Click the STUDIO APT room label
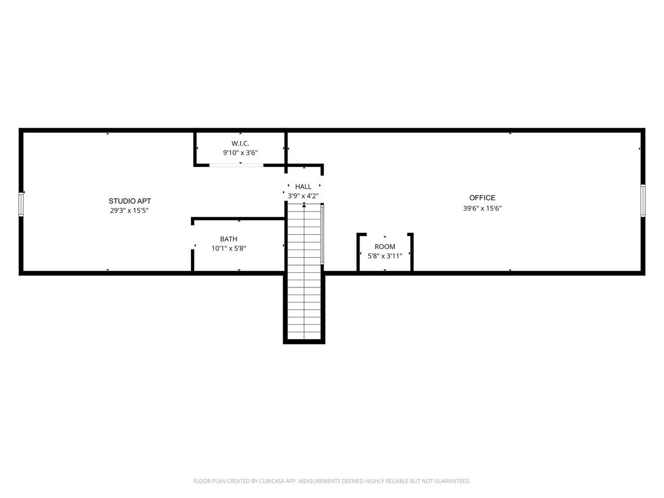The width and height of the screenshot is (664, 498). [130, 201]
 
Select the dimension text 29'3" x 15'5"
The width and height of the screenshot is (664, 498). [129, 211]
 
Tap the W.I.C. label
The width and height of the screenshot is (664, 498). [240, 143]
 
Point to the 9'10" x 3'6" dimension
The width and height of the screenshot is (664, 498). [240, 153]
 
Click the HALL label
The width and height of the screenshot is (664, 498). [303, 187]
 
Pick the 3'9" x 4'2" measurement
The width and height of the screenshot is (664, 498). [303, 196]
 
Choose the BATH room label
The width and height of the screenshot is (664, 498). [229, 239]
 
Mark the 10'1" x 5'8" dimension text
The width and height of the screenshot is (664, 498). [229, 248]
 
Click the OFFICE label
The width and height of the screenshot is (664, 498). [482, 198]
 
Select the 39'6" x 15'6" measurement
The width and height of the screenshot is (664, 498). [482, 209]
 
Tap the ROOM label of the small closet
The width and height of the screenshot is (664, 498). [385, 247]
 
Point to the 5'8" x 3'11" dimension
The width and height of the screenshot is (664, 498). [385, 256]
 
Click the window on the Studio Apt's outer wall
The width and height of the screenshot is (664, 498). [21, 204]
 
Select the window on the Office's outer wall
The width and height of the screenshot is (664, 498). [643, 200]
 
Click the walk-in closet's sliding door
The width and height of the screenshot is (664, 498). [237, 165]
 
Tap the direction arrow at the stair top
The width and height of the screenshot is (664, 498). [304, 205]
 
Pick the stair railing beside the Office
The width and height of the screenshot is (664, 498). [322, 234]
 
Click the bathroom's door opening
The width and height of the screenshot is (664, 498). [192, 238]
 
